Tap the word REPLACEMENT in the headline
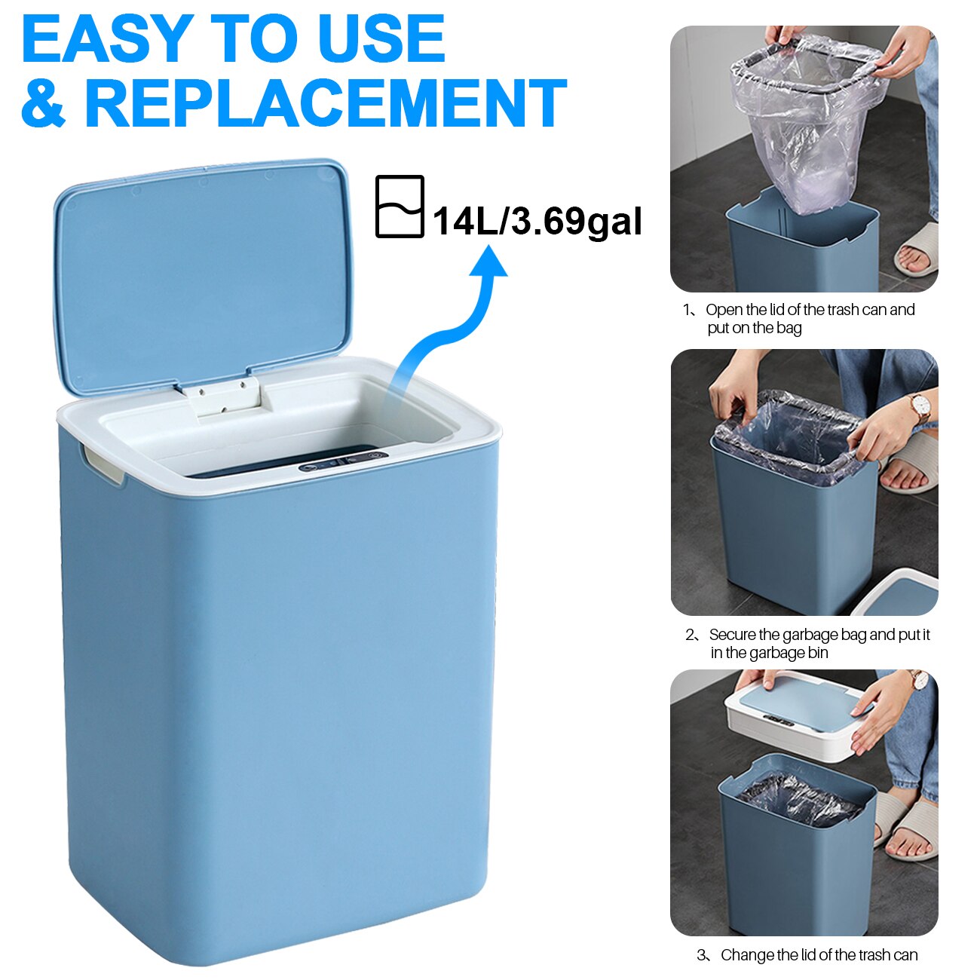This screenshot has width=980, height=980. (x=325, y=103)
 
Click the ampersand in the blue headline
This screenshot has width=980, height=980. (x=44, y=103)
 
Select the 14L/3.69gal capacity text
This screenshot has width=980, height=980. (x=537, y=221)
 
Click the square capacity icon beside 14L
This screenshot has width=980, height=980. (x=400, y=207)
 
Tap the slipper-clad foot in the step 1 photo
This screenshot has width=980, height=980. (x=917, y=253)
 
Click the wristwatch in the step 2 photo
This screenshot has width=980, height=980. (x=920, y=407)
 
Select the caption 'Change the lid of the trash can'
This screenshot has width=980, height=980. (x=819, y=955)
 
